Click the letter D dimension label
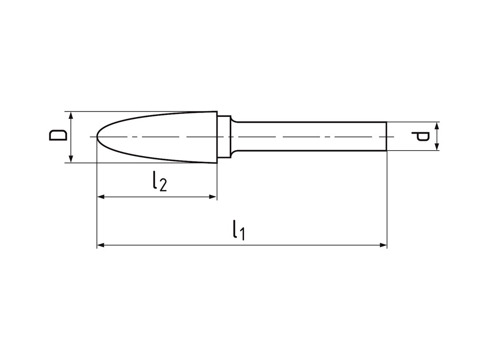click(x=58, y=135)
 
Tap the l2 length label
click(x=159, y=181)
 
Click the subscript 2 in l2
click(x=163, y=185)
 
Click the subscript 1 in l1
click(x=241, y=234)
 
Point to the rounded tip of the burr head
click(x=98, y=136)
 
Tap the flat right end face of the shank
click(x=386, y=136)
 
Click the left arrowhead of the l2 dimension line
click(x=101, y=197)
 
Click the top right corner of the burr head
click(x=217, y=112)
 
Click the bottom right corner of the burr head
click(x=217, y=162)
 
